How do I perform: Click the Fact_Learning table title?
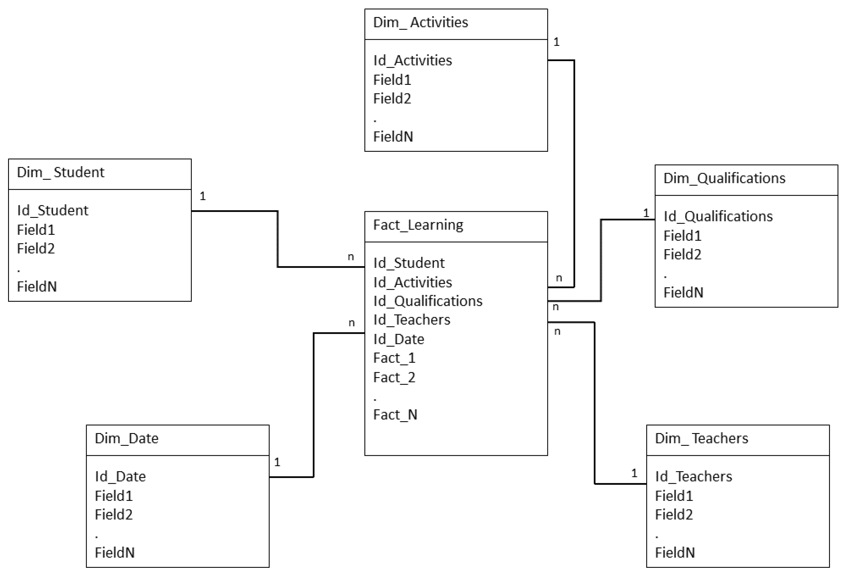click(x=418, y=225)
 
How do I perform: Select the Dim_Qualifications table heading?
click(x=724, y=178)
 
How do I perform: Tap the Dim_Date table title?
click(x=126, y=438)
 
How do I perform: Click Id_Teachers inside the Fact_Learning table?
click(x=411, y=320)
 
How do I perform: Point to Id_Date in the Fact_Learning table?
click(x=398, y=339)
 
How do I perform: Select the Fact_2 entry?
click(x=394, y=377)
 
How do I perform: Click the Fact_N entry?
click(x=395, y=415)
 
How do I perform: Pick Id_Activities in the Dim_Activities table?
click(x=412, y=60)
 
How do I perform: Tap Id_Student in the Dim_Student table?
click(x=53, y=210)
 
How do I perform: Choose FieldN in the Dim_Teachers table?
click(x=675, y=552)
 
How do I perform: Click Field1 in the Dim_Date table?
click(x=114, y=496)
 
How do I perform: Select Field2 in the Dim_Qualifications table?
click(x=682, y=254)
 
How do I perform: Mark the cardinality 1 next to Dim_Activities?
click(x=556, y=42)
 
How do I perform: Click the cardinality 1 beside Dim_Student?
click(x=203, y=196)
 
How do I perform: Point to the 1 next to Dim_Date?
click(x=277, y=462)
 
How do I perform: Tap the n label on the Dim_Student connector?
click(x=351, y=257)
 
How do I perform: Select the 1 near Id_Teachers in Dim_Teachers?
click(x=634, y=473)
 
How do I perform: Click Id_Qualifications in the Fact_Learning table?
click(x=427, y=301)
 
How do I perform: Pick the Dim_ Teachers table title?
click(x=701, y=438)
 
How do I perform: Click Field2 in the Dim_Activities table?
click(x=392, y=98)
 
